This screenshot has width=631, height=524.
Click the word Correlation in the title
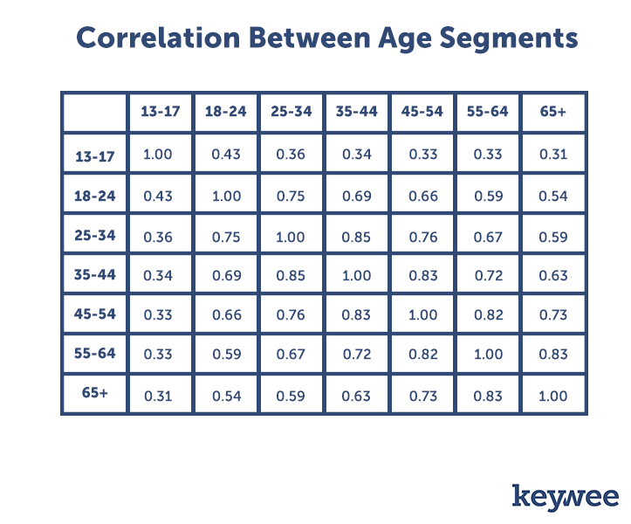click(x=158, y=38)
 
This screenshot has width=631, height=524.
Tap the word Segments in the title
click(x=509, y=39)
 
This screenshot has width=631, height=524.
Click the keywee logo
click(x=566, y=498)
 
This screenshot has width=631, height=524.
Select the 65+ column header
click(x=553, y=112)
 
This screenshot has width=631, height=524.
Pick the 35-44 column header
click(x=357, y=112)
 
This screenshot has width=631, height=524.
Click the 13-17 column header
click(x=161, y=112)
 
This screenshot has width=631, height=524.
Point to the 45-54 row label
click(x=95, y=314)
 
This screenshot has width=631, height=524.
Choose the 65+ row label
click(x=95, y=392)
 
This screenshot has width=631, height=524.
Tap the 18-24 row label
click(x=95, y=196)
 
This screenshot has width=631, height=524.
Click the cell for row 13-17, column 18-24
click(x=226, y=155)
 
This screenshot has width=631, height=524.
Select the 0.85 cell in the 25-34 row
click(x=356, y=237)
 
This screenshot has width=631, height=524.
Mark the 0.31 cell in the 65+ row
click(x=158, y=396)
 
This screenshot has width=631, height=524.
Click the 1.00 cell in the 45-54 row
click(x=422, y=314)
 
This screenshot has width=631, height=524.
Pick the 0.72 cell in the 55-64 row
click(x=357, y=354)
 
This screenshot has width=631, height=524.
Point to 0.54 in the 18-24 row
click(x=553, y=196)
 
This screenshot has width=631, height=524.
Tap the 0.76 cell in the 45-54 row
click(x=291, y=314)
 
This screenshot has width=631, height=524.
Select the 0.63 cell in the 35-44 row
click(x=553, y=275)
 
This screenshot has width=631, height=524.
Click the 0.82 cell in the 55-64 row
click(x=423, y=354)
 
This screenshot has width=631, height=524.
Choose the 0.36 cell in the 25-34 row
click(x=158, y=237)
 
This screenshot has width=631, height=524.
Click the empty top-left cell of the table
click(x=95, y=113)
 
